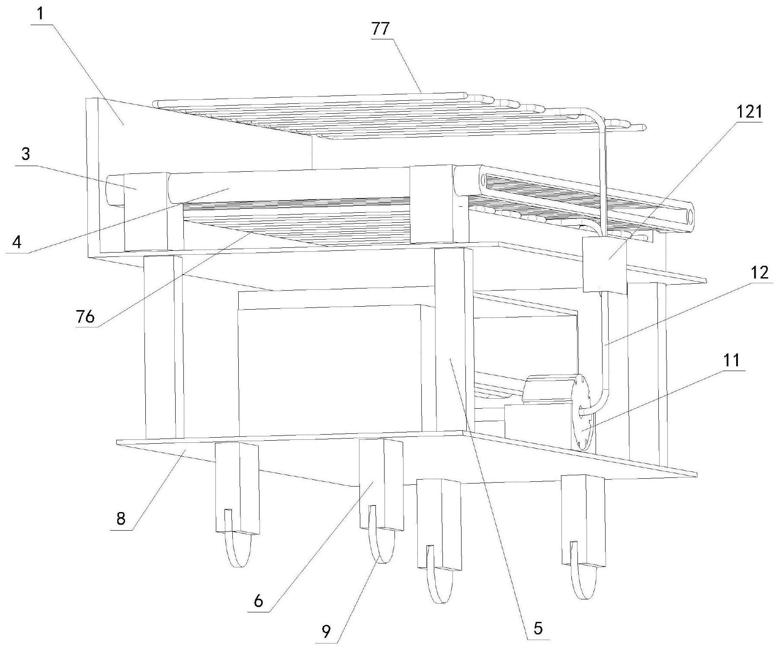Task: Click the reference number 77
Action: tap(380, 30)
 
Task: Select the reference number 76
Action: tap(85, 317)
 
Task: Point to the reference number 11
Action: tap(732, 360)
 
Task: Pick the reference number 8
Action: tap(121, 518)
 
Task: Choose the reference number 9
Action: tap(327, 632)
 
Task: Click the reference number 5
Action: tap(538, 628)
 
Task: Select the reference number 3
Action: tap(26, 154)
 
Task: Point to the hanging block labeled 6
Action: tap(381, 484)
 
